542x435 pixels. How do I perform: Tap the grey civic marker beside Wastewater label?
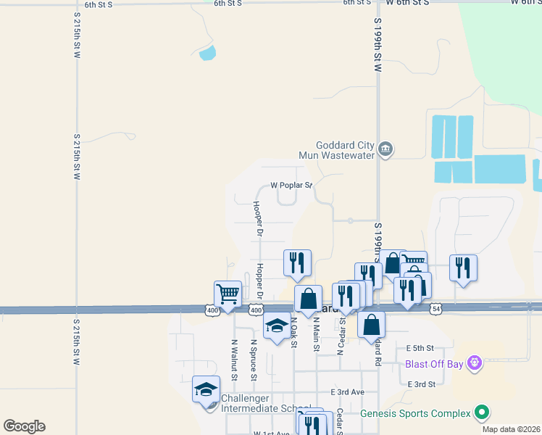coord(385,150)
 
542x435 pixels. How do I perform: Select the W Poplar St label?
coord(291,185)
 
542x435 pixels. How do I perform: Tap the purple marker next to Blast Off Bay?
coord(475,361)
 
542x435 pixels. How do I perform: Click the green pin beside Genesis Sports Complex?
coord(482,413)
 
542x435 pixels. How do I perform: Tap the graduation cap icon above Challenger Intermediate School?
coord(206,389)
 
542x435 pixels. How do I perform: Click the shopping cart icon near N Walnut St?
coord(228,294)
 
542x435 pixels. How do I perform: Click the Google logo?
coord(24,426)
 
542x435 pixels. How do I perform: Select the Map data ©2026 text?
coord(512,429)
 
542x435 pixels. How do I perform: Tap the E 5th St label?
coord(420,349)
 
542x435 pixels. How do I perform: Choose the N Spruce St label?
coord(254,360)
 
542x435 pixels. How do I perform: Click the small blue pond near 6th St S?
coord(207,52)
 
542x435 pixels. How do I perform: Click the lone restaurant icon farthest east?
coord(463,268)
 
